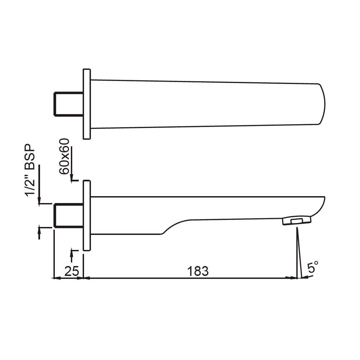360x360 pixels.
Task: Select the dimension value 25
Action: point(71,271)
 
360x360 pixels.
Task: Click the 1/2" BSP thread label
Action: point(31,171)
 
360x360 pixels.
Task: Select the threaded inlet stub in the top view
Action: point(68,104)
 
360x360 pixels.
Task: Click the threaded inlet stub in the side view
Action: point(68,215)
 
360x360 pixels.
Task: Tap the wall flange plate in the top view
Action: point(86,104)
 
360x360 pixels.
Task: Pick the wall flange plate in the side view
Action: point(86,215)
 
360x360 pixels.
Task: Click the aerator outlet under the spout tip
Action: point(297,220)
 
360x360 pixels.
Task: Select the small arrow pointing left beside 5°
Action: point(304,278)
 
